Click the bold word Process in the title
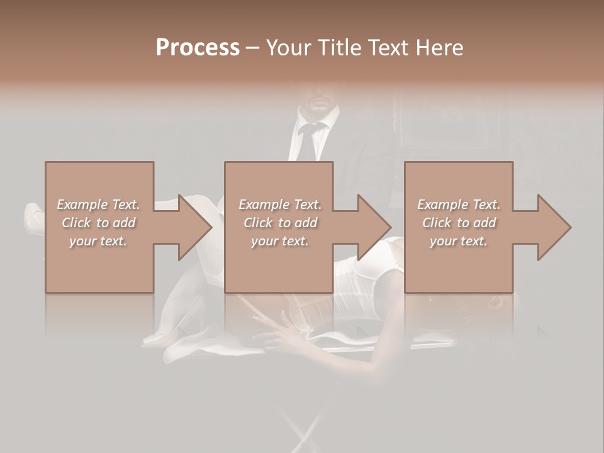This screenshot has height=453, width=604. [x=198, y=48]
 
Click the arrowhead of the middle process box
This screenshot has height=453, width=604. [x=374, y=227]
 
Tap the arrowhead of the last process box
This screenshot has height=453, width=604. [x=554, y=227]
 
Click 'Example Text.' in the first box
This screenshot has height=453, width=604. [x=98, y=204]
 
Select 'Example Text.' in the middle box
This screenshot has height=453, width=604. [x=280, y=204]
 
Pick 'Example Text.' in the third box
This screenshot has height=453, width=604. [x=459, y=204]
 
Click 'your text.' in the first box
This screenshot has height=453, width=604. [x=98, y=241]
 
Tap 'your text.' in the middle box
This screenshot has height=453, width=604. [x=280, y=241]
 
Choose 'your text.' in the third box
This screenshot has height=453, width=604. [x=459, y=241]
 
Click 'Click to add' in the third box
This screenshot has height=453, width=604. [x=459, y=223]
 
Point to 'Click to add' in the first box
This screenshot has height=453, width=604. [x=98, y=223]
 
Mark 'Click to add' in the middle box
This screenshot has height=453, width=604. [x=280, y=223]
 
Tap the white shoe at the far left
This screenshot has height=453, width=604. [x=33, y=217]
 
